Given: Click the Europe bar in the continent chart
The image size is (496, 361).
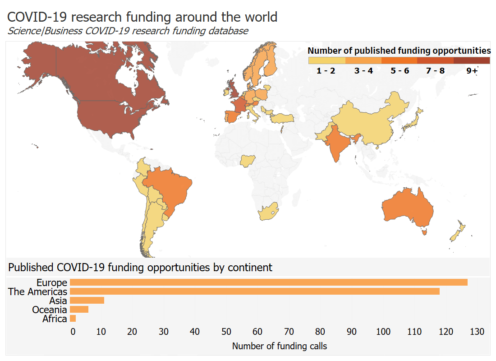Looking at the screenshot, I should point(269,282).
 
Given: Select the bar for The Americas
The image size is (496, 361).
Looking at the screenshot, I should point(255,292).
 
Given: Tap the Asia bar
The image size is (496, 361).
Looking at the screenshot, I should point(87,301).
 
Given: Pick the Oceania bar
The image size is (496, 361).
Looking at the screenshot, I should point(79,310).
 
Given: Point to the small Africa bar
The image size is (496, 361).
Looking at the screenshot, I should point(73,319).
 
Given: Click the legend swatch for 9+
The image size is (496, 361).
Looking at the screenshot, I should point(471,60).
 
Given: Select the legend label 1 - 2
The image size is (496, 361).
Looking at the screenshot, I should point(326,71).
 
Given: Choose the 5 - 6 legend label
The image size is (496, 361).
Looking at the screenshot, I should point(400,71).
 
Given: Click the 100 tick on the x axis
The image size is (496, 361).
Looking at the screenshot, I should point(383,332).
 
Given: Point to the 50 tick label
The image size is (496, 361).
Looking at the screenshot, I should point(226,332).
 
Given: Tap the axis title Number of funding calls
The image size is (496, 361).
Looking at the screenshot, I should point(279,347).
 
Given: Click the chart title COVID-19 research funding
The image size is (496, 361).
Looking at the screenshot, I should point(142,17).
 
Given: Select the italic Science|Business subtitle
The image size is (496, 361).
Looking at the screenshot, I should point(128,31).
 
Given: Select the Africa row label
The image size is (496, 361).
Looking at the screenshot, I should point(55,319).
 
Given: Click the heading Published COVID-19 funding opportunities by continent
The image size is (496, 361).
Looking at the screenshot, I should point(140,268).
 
